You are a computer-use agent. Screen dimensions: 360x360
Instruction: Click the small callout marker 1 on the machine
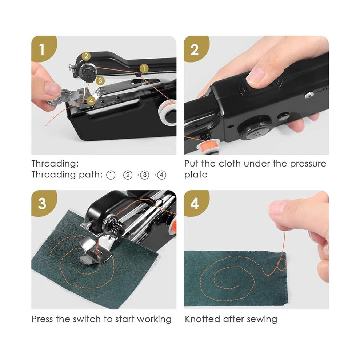pos(144,68)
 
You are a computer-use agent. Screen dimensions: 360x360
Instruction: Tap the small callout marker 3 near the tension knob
pos(100,81)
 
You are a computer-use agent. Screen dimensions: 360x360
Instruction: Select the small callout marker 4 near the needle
pos(91,100)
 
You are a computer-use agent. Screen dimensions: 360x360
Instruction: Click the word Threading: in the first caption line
pos(55,164)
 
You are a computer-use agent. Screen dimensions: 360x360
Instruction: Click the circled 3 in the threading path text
pos(145,175)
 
